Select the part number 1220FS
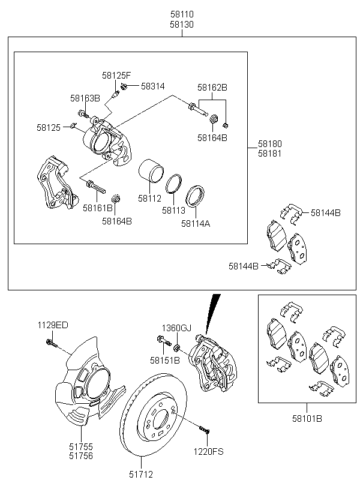208,451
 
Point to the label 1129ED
54,325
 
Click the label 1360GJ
176,328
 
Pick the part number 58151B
165,361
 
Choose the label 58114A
196,224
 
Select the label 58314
153,86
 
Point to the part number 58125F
116,76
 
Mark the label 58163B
85,98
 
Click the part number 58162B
213,87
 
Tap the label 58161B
98,208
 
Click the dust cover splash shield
84,384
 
